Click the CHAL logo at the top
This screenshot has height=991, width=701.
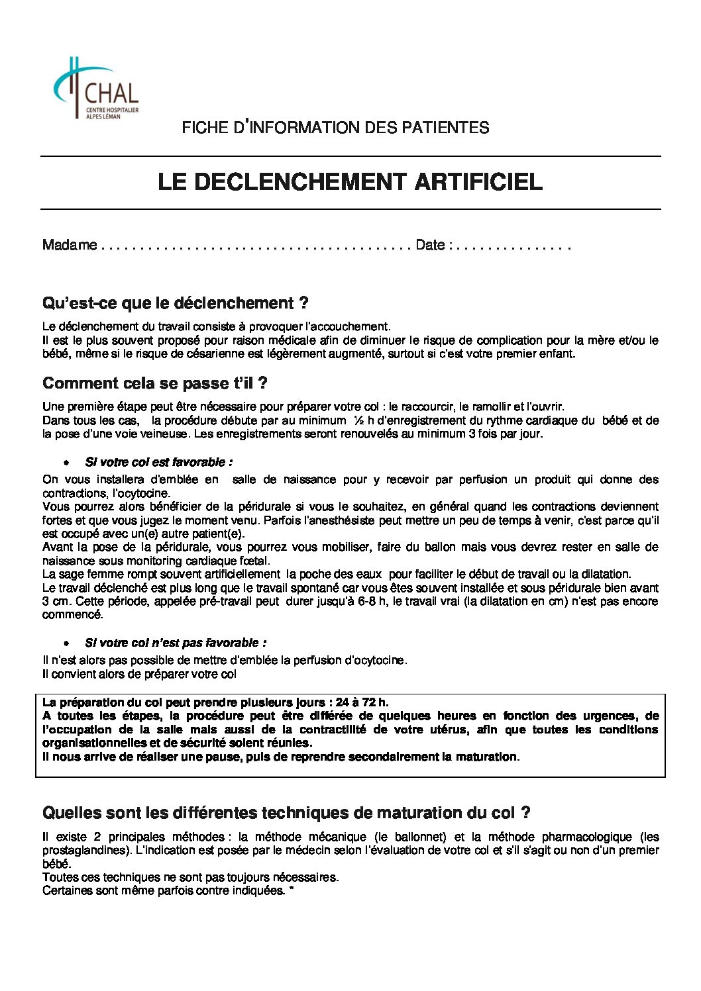coord(95,89)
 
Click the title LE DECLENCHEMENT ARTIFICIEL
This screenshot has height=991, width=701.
coord(350,182)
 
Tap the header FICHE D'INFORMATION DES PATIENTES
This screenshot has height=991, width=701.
coord(335,127)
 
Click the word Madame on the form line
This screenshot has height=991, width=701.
coord(70,245)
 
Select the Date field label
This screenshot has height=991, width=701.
coord(430,245)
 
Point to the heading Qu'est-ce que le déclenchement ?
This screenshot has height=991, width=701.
coord(175,303)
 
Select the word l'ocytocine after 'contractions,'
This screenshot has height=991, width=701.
coord(144,493)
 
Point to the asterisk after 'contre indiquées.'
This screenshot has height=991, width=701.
coord(292,890)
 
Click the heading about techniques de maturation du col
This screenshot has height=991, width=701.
coord(286,812)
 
